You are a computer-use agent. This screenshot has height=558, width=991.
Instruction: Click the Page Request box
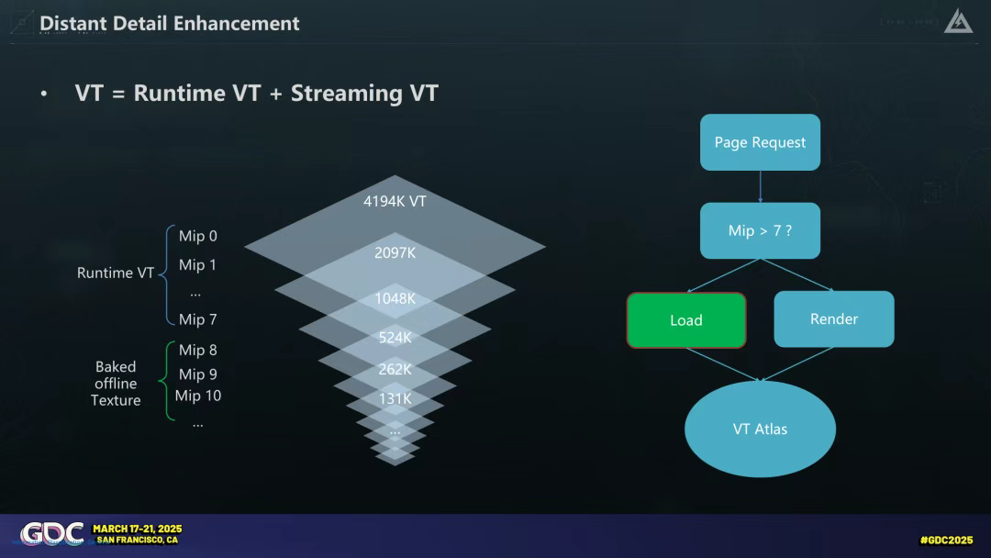pyautogui.click(x=760, y=142)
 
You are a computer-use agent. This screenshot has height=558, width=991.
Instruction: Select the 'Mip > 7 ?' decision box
pyautogui.click(x=760, y=230)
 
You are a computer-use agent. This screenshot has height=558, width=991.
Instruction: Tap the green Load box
pyautogui.click(x=686, y=320)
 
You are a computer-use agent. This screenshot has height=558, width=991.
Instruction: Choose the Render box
pyautogui.click(x=833, y=319)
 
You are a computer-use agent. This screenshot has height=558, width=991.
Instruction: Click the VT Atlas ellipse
pyautogui.click(x=760, y=429)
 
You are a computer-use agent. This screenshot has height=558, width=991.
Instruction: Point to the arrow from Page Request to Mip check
pyautogui.click(x=760, y=186)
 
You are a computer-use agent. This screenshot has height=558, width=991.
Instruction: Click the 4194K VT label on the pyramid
pyautogui.click(x=395, y=201)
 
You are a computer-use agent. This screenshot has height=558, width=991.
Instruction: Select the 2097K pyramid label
pyautogui.click(x=395, y=252)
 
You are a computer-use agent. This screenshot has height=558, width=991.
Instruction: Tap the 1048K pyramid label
pyautogui.click(x=395, y=298)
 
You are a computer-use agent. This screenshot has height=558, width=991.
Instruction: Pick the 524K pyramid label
pyautogui.click(x=395, y=338)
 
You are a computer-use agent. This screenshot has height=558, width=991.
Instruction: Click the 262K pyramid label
pyautogui.click(x=395, y=370)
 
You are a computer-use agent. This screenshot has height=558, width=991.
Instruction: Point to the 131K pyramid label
pyautogui.click(x=395, y=399)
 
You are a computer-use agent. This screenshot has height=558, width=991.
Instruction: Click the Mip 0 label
pyautogui.click(x=198, y=236)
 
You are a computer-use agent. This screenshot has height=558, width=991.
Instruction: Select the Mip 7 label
pyautogui.click(x=198, y=319)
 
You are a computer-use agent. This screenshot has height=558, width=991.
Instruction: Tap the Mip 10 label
pyautogui.click(x=198, y=396)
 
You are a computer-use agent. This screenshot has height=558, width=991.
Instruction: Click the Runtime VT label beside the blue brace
pyautogui.click(x=116, y=273)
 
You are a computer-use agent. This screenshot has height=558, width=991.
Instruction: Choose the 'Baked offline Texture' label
pyautogui.click(x=116, y=384)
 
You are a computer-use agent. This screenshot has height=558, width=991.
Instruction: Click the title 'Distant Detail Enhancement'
pyautogui.click(x=170, y=23)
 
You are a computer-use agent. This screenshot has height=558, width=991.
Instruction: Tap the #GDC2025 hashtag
pyautogui.click(x=946, y=540)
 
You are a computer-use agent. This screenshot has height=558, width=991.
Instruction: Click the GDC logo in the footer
pyautogui.click(x=52, y=534)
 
